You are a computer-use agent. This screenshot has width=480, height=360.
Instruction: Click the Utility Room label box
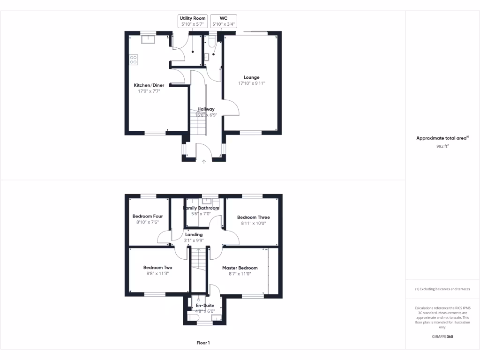click(193, 21)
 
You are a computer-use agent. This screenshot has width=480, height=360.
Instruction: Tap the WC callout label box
click(224, 21)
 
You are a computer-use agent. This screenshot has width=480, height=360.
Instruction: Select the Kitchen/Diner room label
click(149, 85)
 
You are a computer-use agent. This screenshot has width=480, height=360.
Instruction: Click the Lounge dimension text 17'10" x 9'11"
click(251, 83)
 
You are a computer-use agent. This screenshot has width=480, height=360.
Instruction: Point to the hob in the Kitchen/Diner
click(134, 60)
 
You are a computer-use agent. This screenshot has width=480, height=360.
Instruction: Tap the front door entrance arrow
click(204, 162)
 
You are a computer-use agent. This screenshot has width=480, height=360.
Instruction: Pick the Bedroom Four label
click(148, 216)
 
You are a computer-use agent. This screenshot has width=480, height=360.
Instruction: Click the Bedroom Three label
click(253, 217)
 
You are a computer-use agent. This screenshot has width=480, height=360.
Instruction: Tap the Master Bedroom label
click(240, 268)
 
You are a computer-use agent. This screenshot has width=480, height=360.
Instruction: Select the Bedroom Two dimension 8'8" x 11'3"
click(157, 274)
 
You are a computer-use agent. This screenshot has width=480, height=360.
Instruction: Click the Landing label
click(194, 234)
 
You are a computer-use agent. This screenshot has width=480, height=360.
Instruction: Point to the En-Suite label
click(205, 305)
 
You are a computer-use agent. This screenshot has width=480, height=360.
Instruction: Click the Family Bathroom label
click(201, 208)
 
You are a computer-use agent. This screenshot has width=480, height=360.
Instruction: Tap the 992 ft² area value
click(442, 146)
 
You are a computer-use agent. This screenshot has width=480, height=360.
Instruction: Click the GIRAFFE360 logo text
click(442, 337)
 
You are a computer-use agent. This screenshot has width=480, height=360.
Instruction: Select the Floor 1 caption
click(203, 343)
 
